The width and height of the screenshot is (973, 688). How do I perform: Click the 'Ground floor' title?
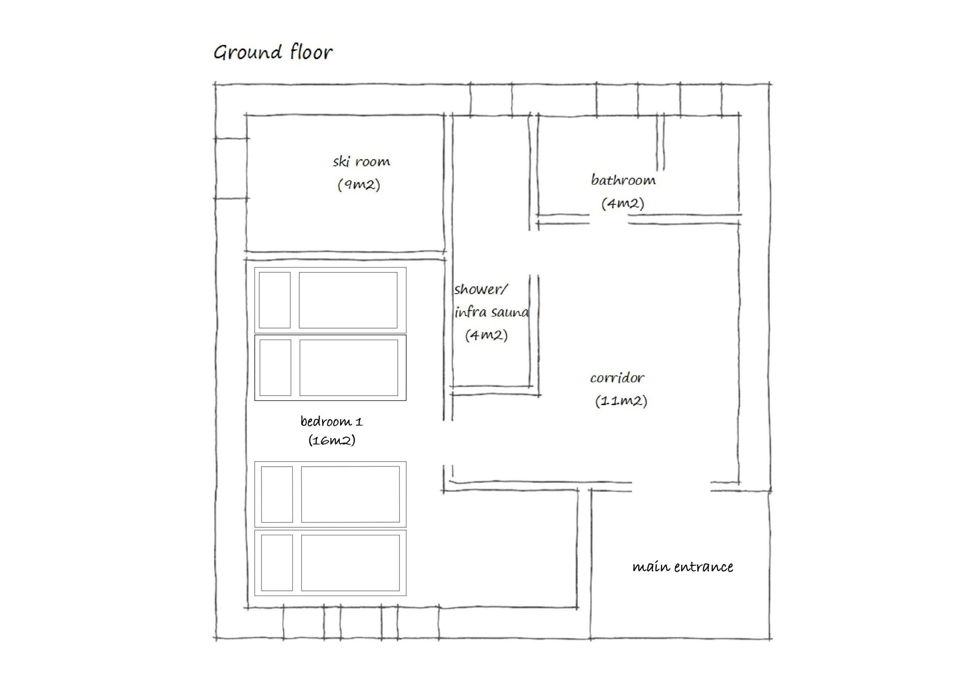point(273,52)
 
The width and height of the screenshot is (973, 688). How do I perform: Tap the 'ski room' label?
point(361,161)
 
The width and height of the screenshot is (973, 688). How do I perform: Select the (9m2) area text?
point(358,184)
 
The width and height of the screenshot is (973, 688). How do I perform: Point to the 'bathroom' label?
point(623,180)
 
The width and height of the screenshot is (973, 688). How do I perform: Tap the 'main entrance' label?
point(682,567)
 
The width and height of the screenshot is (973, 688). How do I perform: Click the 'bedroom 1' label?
point(331,422)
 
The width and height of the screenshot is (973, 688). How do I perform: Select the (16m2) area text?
point(331,441)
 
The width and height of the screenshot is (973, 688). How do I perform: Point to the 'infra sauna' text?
point(491,312)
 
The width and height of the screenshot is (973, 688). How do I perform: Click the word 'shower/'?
point(480,289)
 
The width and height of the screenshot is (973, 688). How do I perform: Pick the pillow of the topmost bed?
point(275,300)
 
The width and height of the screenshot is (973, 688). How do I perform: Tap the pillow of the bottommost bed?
point(277,563)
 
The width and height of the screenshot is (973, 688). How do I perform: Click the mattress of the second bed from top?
point(349,368)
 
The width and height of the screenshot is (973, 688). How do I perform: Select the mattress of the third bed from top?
point(350,494)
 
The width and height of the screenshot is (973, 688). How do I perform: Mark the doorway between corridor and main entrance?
point(671,487)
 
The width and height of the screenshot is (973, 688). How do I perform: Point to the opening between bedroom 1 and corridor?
point(448,442)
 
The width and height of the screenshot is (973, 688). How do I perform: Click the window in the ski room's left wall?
point(231,168)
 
